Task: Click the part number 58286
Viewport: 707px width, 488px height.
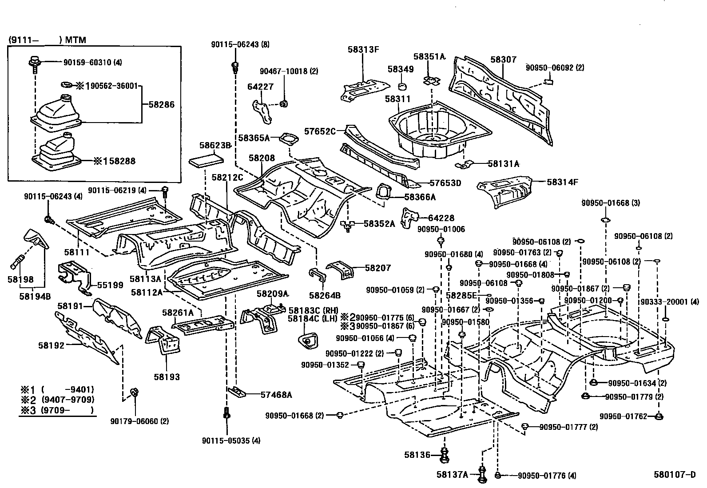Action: (x=161, y=105)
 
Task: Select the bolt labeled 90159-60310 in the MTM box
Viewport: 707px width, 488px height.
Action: (x=34, y=63)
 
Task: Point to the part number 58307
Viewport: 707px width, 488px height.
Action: (x=503, y=60)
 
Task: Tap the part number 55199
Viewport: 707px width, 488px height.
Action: (x=111, y=285)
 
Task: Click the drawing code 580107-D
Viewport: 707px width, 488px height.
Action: (x=674, y=474)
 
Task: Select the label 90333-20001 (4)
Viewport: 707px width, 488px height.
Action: (x=669, y=302)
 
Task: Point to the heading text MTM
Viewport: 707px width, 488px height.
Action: (x=75, y=40)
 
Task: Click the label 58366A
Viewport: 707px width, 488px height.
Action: (x=420, y=197)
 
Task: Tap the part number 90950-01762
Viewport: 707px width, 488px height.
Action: (x=628, y=416)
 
